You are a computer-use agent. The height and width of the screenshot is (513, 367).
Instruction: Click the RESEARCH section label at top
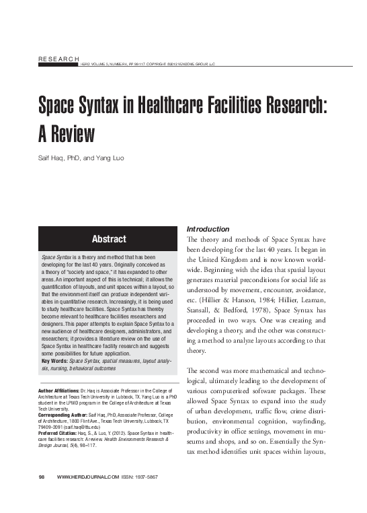pyautogui.click(x=58, y=61)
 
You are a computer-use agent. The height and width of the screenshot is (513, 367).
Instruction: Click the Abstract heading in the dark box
pyautogui.click(x=108, y=239)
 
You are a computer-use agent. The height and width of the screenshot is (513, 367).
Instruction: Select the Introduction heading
pyautogui.click(x=208, y=230)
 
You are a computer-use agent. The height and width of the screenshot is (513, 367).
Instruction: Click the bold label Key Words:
pyautogui.click(x=56, y=362)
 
